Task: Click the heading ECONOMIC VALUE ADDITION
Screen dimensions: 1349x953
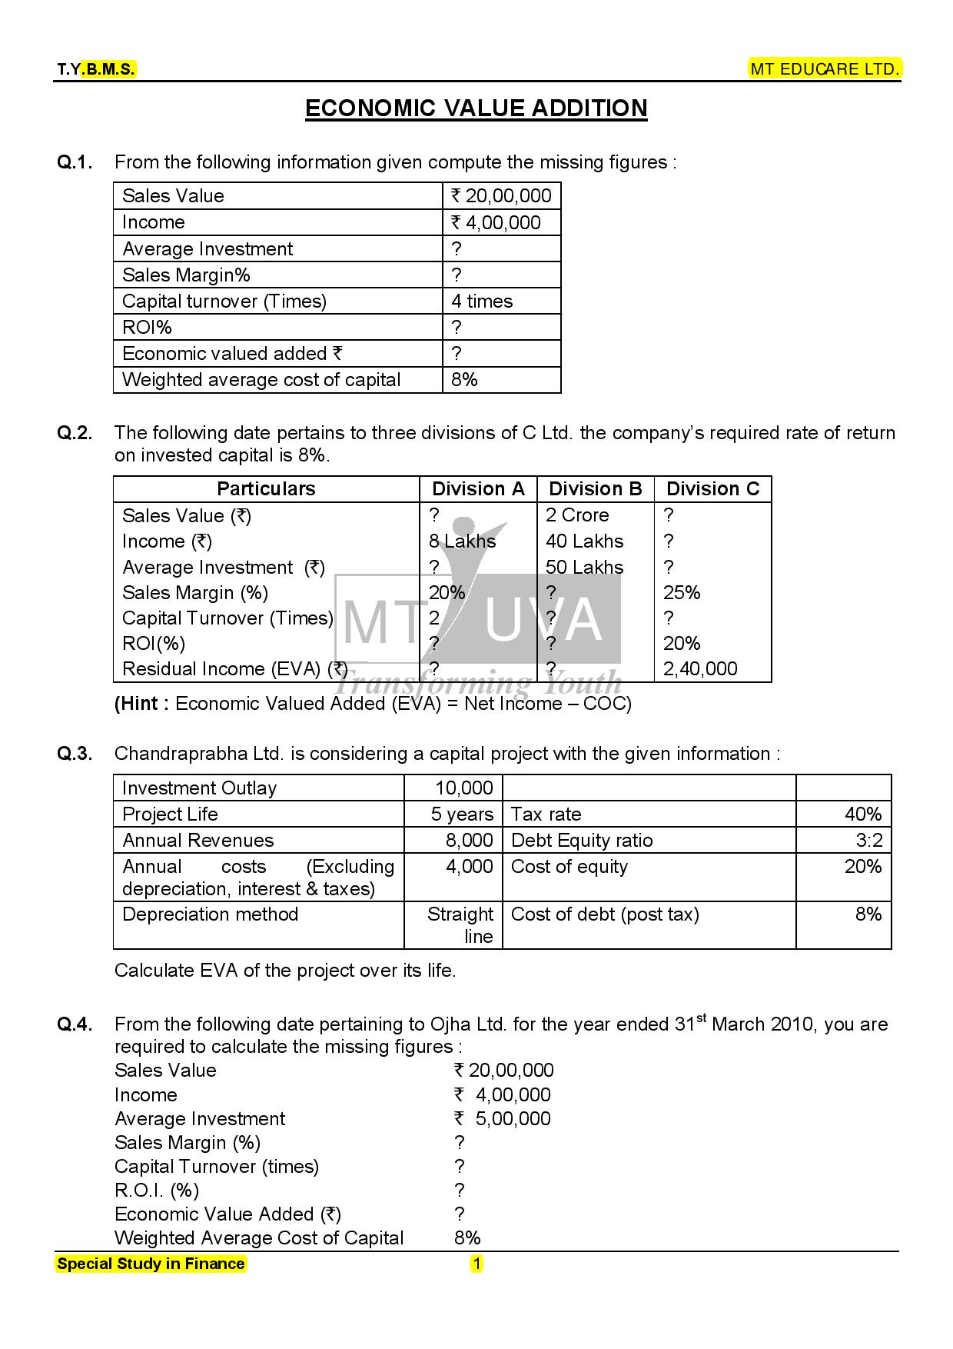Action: click(476, 108)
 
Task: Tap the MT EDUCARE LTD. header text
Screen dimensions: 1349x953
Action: click(825, 69)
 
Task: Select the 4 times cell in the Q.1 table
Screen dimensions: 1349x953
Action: click(482, 301)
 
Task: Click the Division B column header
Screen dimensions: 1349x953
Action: click(595, 489)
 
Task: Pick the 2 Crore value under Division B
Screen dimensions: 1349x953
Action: click(577, 515)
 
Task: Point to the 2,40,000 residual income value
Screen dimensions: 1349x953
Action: click(700, 669)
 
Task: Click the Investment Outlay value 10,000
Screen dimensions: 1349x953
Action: click(463, 788)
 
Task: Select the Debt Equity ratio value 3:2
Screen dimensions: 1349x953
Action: click(869, 841)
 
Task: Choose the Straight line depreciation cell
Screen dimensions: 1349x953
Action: click(461, 925)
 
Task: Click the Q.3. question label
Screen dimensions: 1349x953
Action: click(75, 754)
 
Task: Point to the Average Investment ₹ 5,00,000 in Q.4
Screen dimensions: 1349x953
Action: click(503, 1119)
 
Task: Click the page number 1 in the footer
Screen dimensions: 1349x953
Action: click(476, 1264)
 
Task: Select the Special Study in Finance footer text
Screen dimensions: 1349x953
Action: click(151, 1264)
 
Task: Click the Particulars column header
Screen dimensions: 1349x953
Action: click(266, 489)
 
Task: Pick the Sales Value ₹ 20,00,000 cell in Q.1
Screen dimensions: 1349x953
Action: click(501, 196)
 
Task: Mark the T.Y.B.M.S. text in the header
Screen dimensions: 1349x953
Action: click(96, 70)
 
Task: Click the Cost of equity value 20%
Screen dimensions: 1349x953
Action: click(862, 867)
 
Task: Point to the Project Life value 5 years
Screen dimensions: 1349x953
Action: click(462, 814)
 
